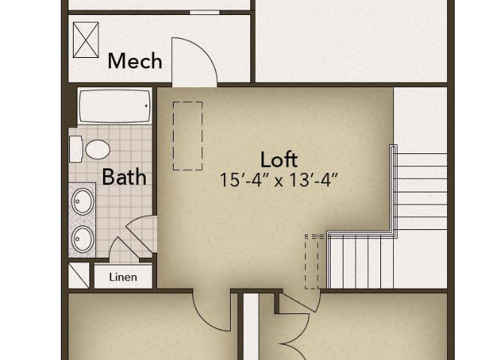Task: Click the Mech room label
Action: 135,61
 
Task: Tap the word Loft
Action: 279,159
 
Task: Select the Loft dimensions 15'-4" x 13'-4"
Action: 279,180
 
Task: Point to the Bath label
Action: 124,177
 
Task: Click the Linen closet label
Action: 123,277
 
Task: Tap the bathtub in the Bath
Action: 115,106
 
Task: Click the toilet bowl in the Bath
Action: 98,150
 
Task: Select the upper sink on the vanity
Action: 83,201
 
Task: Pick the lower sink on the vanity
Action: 83,239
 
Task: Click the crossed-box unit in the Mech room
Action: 86,40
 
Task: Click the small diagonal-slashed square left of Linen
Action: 79,275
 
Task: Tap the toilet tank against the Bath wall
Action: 76,149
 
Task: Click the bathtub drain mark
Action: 147,106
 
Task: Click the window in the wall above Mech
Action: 204,12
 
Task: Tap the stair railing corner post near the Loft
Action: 393,148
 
